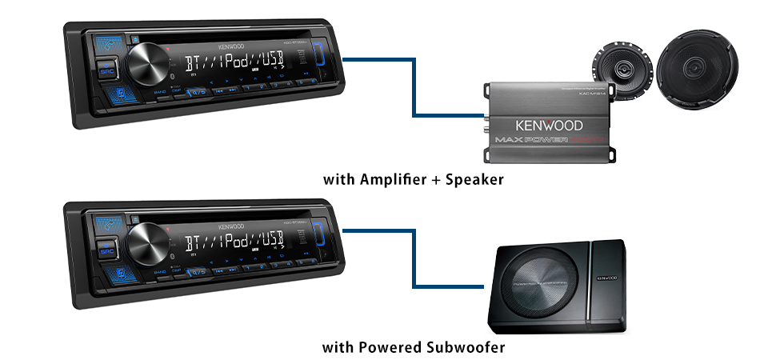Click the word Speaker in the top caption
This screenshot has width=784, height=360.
(475, 179)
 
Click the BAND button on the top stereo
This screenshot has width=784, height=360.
(158, 93)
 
